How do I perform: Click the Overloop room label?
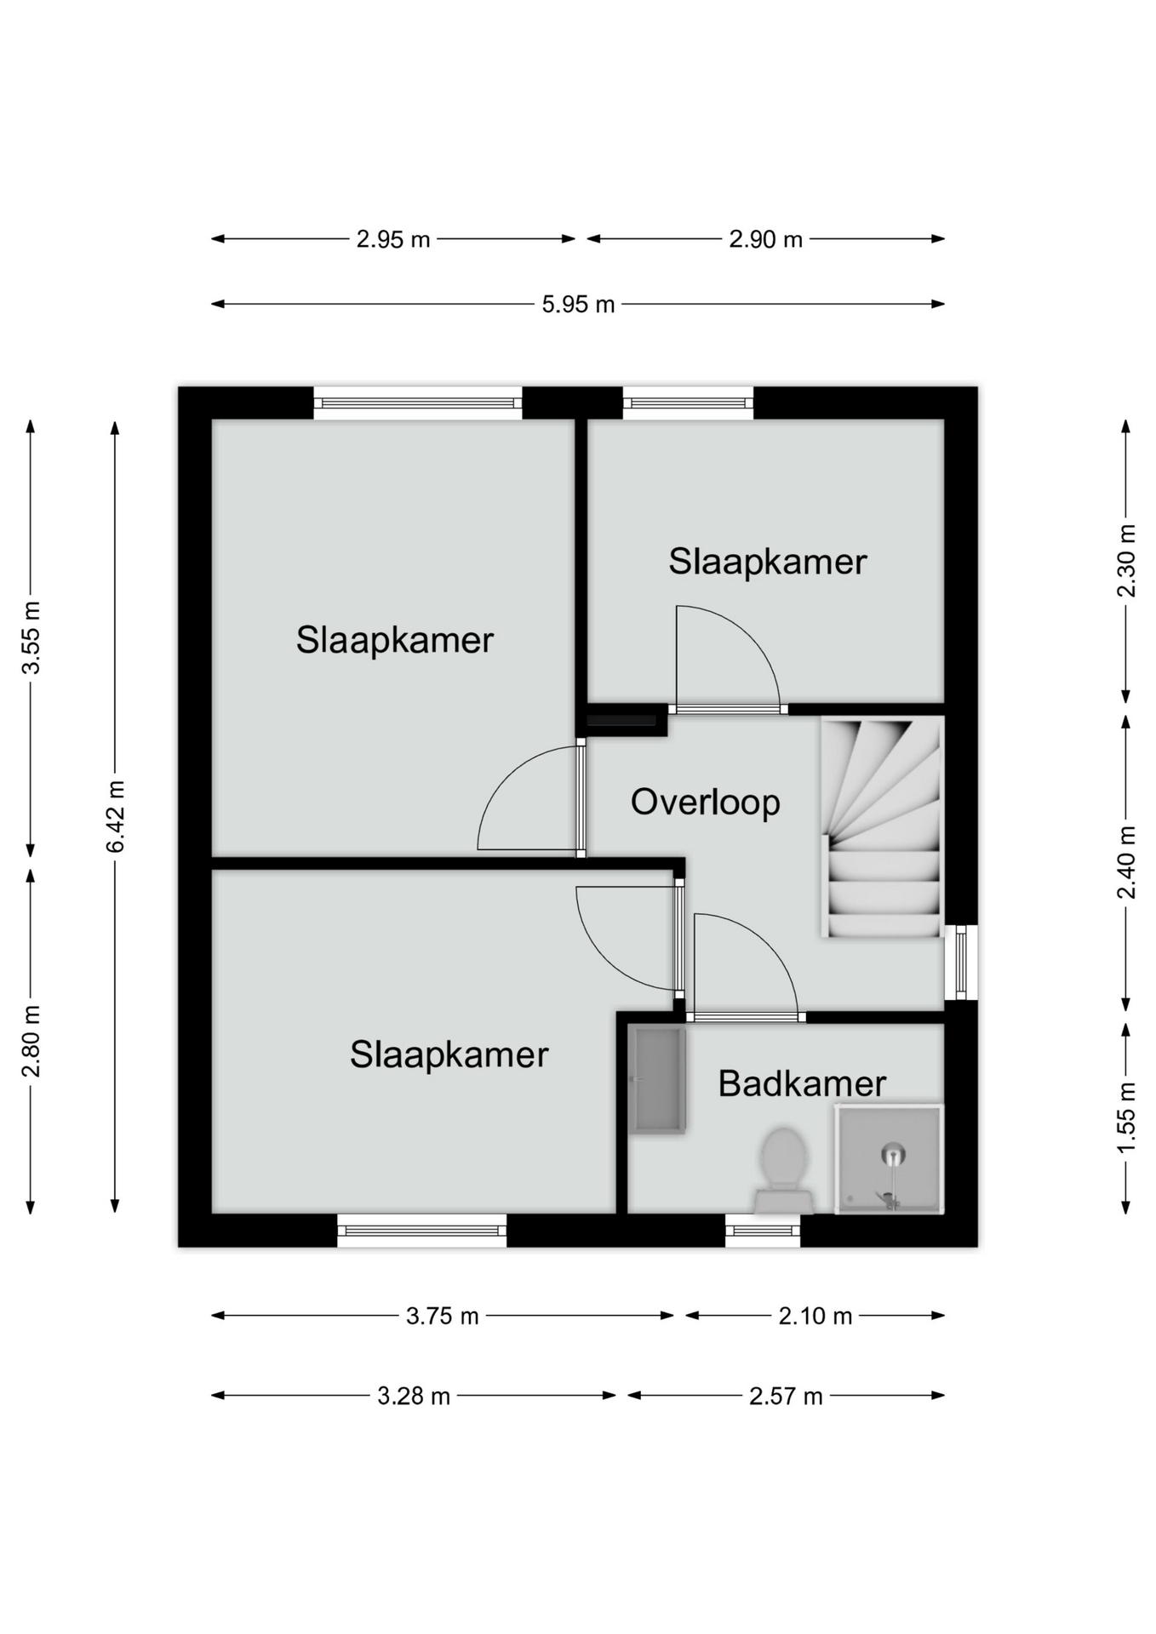click(x=705, y=803)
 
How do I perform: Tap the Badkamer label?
click(x=802, y=1083)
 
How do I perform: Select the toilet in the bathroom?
click(x=783, y=1170)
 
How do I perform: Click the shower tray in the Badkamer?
click(x=889, y=1159)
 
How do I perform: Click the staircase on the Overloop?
click(x=882, y=827)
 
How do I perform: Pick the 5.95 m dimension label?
click(x=578, y=305)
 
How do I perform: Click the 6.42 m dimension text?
click(x=116, y=816)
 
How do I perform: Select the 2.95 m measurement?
click(x=392, y=240)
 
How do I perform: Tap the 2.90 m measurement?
click(x=765, y=240)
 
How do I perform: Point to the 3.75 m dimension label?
click(x=442, y=1317)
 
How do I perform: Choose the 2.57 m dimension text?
click(x=786, y=1397)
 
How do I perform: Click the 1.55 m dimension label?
click(x=1126, y=1117)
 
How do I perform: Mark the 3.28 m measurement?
click(x=414, y=1397)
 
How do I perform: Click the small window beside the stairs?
click(x=961, y=963)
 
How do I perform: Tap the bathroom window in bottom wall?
click(x=763, y=1231)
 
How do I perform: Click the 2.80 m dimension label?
click(x=31, y=1041)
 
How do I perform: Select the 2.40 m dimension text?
click(x=1126, y=862)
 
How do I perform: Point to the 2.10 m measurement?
click(x=815, y=1317)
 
